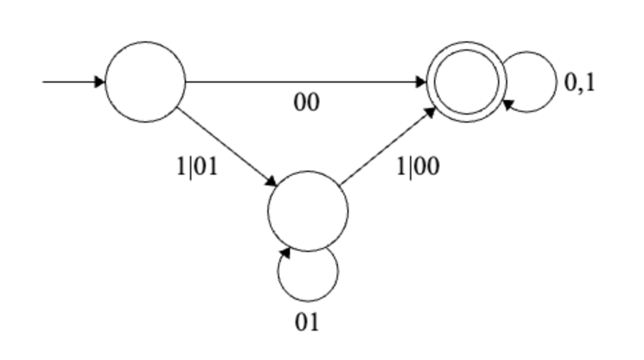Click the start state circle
click(x=145, y=82)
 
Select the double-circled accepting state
click(x=466, y=82)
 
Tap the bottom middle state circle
click(x=307, y=211)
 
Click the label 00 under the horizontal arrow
click(x=307, y=103)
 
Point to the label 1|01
click(x=197, y=166)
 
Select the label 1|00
click(x=418, y=166)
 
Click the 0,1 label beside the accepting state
click(x=579, y=83)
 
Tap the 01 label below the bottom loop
click(x=307, y=322)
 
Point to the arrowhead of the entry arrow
click(x=100, y=82)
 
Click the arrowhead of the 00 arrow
click(x=421, y=82)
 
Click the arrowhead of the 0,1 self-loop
click(x=508, y=103)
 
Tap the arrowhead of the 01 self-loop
click(x=285, y=253)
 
